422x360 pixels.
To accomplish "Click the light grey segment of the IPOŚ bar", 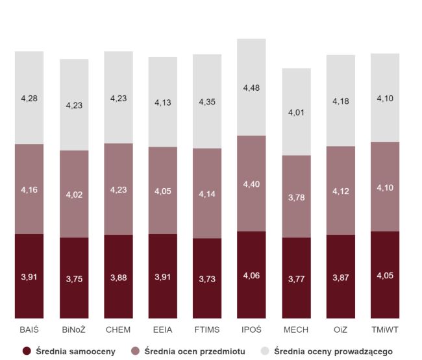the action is click(x=251, y=87).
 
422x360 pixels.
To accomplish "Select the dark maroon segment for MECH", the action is click(x=296, y=278).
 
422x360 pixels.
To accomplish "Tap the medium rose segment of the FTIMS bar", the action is click(x=207, y=193).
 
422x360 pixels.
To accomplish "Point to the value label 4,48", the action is click(x=251, y=88).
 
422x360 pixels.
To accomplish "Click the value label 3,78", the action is click(x=296, y=198).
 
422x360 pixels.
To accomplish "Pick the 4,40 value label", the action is click(x=251, y=184).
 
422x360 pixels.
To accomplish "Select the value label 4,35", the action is click(x=207, y=102).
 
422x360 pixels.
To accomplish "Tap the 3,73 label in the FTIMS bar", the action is click(x=207, y=279).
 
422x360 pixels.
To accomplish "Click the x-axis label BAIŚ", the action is click(x=29, y=330).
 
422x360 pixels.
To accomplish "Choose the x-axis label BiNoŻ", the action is click(x=74, y=330).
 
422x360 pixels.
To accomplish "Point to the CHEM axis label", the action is click(x=118, y=330).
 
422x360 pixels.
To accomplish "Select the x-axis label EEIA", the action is click(x=162, y=330).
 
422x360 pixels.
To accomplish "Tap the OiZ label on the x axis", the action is click(x=340, y=330).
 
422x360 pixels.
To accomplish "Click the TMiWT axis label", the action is click(x=385, y=330).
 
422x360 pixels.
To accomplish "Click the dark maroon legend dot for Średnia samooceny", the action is click(x=27, y=351).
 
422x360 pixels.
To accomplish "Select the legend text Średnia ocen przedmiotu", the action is click(x=195, y=352).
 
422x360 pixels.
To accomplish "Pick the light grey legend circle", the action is click(x=265, y=351).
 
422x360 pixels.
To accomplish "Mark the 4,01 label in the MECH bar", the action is click(x=296, y=112).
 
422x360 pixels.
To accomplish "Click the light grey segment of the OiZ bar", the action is click(x=341, y=101).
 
